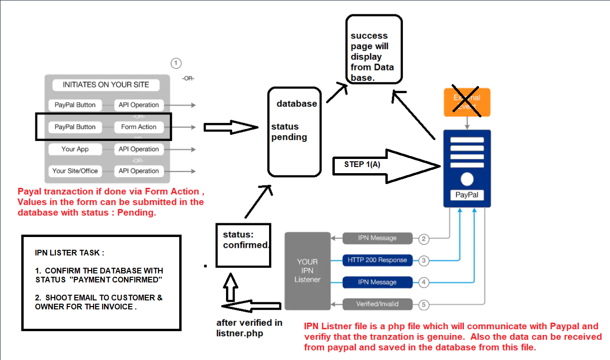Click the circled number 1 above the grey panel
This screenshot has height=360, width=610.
176,63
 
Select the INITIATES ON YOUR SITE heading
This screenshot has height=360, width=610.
106,85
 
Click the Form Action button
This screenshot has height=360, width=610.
139,127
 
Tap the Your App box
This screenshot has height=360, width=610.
75,149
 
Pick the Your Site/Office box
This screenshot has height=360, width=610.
75,171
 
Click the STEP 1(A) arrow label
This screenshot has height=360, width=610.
362,165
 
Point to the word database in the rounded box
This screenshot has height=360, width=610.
297,104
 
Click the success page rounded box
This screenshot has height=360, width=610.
374,49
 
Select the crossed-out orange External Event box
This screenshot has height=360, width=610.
467,102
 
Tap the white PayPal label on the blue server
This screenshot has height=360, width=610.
467,194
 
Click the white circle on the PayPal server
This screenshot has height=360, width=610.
467,179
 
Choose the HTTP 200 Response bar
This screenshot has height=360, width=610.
377,260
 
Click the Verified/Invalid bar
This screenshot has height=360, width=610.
377,304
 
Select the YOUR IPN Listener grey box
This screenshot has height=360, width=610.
307,271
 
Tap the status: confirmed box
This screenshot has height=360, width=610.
243,245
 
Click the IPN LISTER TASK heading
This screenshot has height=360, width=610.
67,253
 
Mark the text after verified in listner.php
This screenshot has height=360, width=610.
249,328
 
